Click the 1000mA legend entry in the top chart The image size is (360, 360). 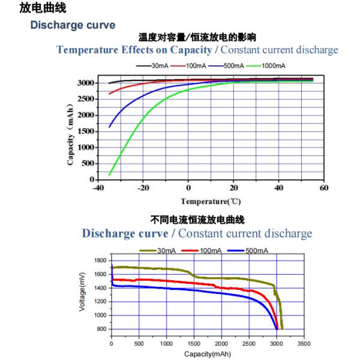pyautogui.click(x=272, y=65)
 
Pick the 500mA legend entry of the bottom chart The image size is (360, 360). pyautogui.click(x=254, y=250)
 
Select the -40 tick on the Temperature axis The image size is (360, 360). pyautogui.click(x=97, y=188)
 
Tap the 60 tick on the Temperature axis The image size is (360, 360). pyautogui.click(x=325, y=188)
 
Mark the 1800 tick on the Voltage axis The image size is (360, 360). pyautogui.click(x=100, y=260)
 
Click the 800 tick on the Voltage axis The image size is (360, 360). pyautogui.click(x=101, y=329)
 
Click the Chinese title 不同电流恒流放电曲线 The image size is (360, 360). pyautogui.click(x=197, y=220)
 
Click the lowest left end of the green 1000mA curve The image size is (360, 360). pyautogui.click(x=110, y=175)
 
